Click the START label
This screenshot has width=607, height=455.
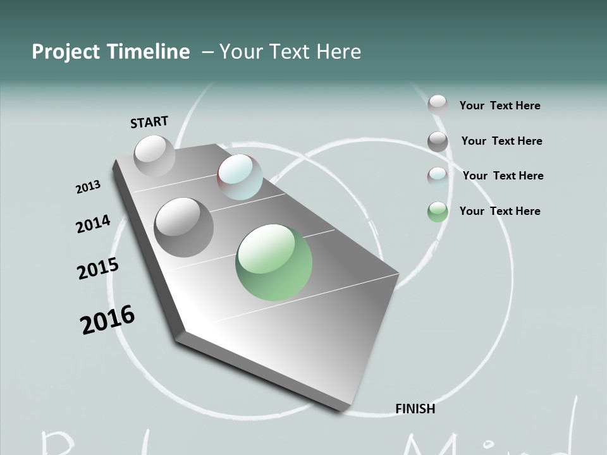coord(149,121)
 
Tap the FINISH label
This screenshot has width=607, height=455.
coord(415,409)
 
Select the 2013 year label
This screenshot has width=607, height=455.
coord(88,187)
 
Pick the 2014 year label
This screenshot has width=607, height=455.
coord(93,224)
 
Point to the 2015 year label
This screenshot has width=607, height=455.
coord(97,269)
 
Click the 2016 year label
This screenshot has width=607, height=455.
coord(107,320)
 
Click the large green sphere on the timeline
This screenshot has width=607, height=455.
coord(274,262)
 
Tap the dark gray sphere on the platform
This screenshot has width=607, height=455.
coord(184,227)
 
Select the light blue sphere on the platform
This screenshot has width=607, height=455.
coord(240,177)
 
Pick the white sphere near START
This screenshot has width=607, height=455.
coord(154,155)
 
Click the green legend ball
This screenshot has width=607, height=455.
coord(438,212)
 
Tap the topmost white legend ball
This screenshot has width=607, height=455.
coord(438,104)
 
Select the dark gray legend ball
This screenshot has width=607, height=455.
coord(438,142)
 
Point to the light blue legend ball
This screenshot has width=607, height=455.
coord(438,176)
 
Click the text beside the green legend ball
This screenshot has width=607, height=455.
coord(500,211)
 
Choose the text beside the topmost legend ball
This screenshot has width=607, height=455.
coord(500,106)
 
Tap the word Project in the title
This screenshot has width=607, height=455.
coord(64,52)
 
